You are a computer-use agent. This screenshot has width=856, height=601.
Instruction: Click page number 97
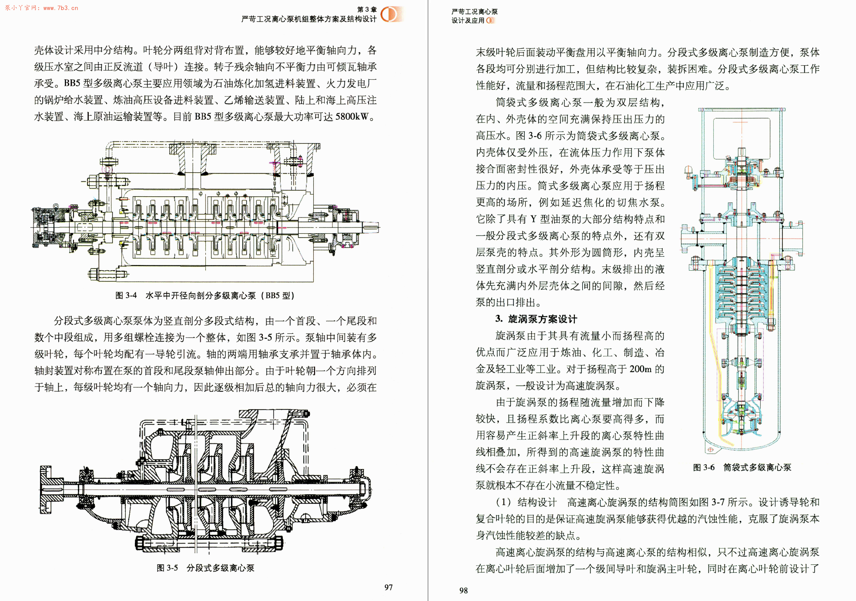[x=388, y=588]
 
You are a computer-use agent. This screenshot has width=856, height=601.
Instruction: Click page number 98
[x=463, y=591]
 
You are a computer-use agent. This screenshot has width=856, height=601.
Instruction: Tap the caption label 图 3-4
[x=126, y=295]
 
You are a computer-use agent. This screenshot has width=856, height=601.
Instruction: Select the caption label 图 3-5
[x=167, y=568]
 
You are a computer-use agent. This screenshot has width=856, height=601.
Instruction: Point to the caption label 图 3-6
[x=704, y=467]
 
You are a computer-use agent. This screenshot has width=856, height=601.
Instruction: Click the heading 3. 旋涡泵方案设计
[x=536, y=319]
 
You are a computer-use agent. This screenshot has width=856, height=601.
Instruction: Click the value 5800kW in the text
[x=352, y=117]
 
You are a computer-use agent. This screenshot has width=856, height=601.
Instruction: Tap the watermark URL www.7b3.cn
[x=61, y=8]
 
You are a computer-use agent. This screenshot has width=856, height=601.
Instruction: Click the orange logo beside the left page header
[x=389, y=14]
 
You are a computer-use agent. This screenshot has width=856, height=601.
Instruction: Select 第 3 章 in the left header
[x=367, y=9]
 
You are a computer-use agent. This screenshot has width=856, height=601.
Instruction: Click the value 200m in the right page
[x=640, y=369]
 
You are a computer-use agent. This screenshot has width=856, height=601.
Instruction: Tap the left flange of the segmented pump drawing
[x=45, y=489]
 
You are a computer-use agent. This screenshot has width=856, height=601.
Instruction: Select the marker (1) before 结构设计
[x=504, y=502]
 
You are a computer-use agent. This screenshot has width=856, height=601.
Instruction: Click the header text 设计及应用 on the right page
[x=468, y=20]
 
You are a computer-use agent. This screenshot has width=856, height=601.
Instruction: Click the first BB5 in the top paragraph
[x=72, y=84]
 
